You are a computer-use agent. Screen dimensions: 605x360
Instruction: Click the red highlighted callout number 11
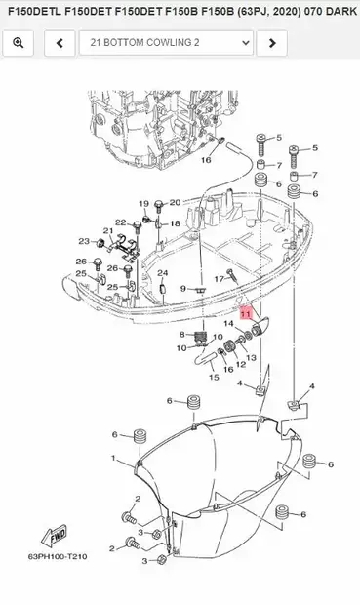[x=246, y=314]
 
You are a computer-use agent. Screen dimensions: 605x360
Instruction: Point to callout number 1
[x=113, y=458]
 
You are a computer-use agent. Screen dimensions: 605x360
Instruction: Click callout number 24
[x=163, y=273]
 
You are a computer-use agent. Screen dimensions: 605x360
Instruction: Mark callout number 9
[x=182, y=289]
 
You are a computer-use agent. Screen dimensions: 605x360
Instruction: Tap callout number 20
[x=176, y=202]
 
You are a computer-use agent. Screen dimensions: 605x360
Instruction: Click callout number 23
[x=84, y=241]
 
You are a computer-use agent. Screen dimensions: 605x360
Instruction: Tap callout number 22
[x=120, y=222]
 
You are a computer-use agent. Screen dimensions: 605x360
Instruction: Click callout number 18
[x=175, y=223]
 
